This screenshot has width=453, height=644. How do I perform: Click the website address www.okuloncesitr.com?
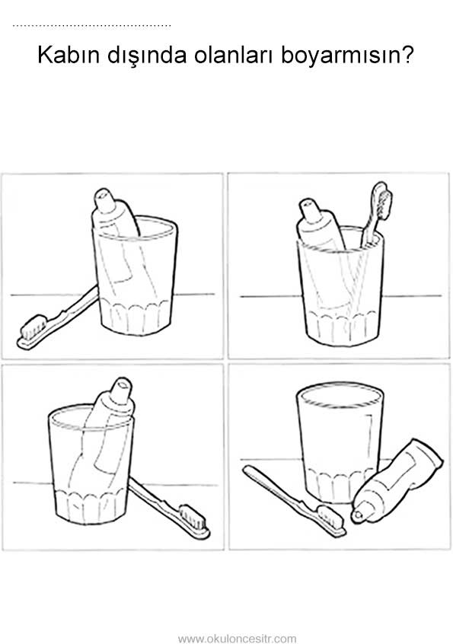(x=237, y=639)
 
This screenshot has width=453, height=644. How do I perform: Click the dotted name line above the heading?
(x=91, y=26)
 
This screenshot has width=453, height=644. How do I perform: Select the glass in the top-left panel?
(x=135, y=275)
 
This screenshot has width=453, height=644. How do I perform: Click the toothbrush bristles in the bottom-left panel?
(x=194, y=517)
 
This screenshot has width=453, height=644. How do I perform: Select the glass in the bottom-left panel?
(x=91, y=465)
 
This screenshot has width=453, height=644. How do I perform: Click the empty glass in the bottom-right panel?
(x=340, y=443)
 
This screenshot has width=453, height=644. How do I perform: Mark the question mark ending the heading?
(x=407, y=55)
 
